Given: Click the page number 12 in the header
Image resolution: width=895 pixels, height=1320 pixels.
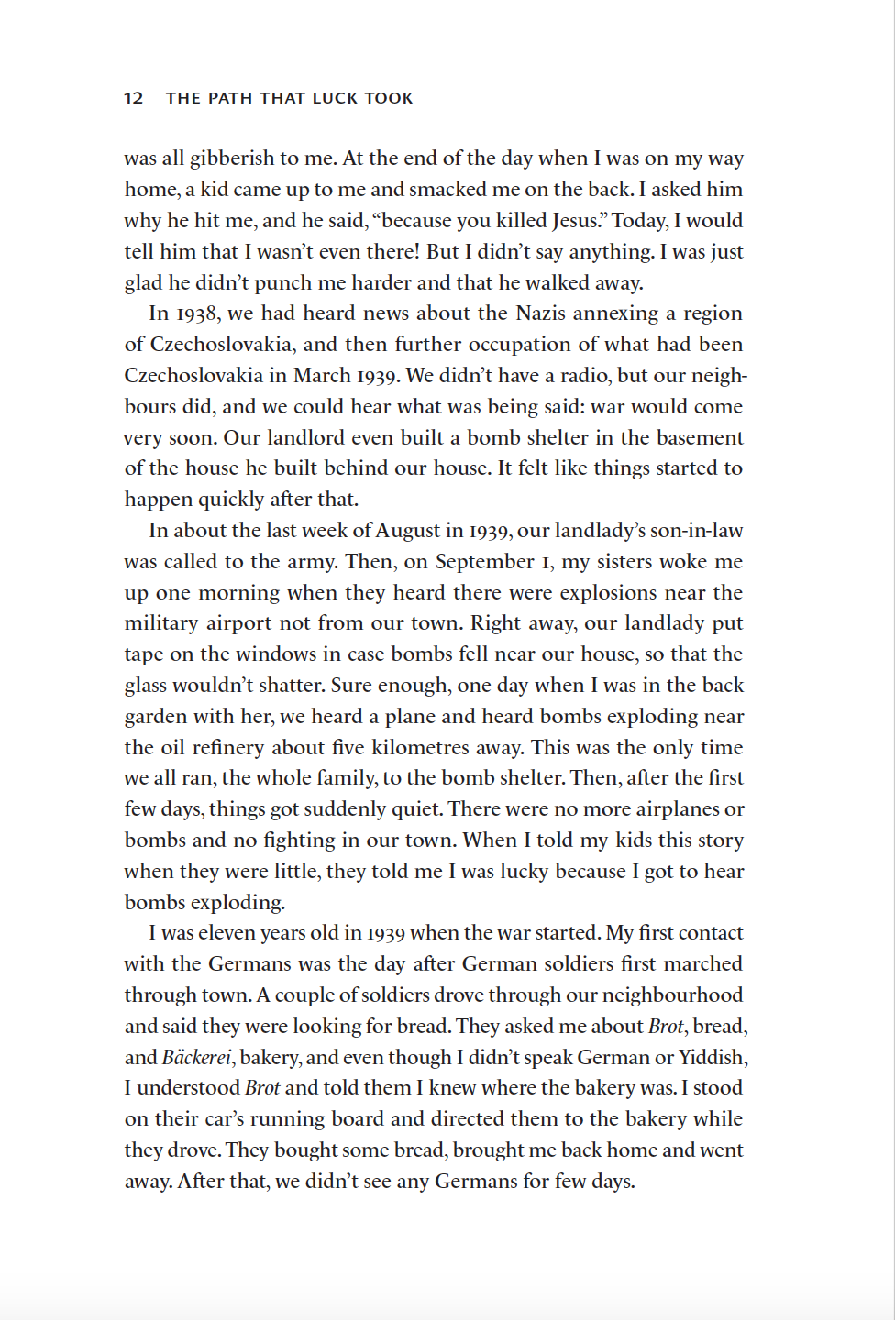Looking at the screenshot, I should [134, 98].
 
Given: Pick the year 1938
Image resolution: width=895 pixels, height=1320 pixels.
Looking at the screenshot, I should [196, 313].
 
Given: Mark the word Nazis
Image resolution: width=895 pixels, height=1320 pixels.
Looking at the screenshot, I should [542, 313].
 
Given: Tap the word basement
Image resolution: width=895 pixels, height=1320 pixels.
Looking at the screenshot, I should [700, 437].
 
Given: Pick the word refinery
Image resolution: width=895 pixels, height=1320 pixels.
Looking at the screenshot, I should [229, 748].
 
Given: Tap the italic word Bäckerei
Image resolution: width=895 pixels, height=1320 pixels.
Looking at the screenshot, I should [196, 1058].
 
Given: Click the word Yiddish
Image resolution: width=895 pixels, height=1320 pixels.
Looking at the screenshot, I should [712, 1058].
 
